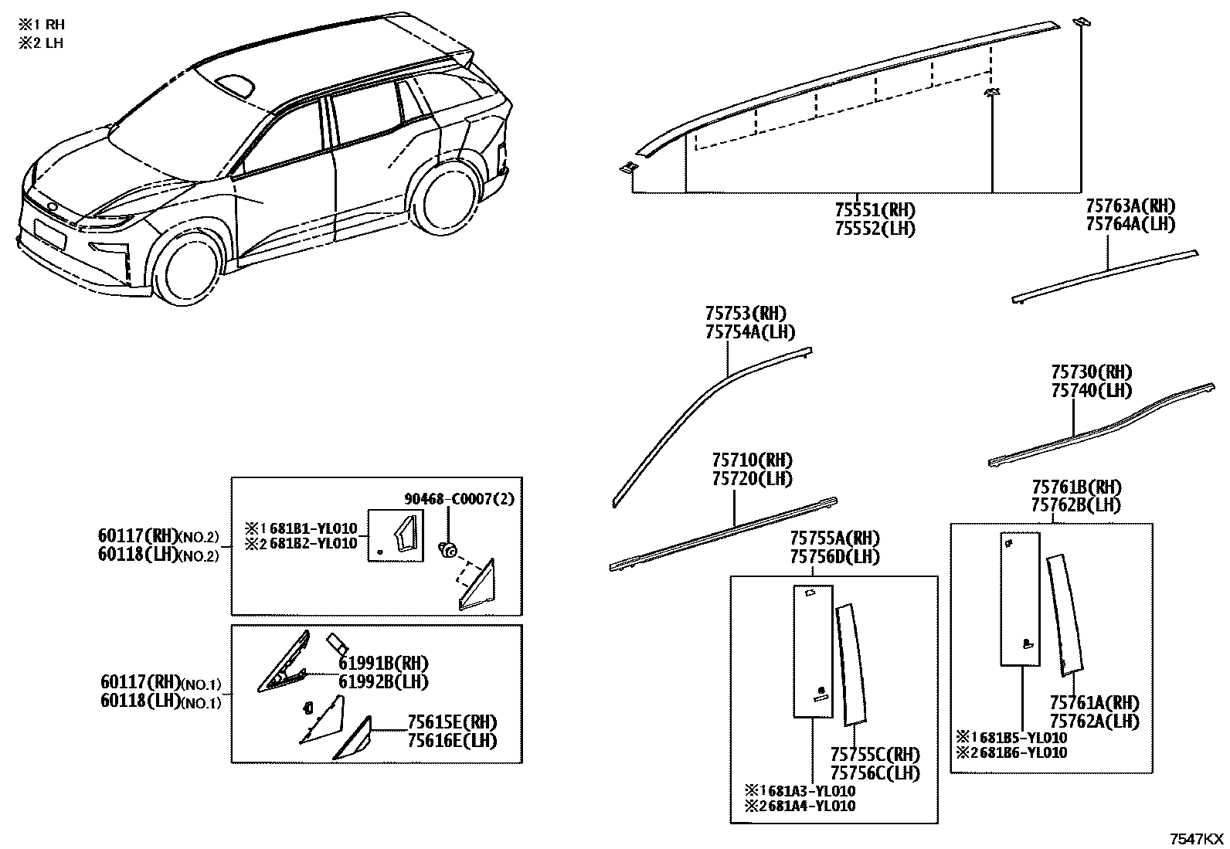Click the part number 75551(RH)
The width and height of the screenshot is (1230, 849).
875,210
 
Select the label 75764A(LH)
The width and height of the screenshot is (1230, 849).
1130,224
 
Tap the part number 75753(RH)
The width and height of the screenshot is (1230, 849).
746,314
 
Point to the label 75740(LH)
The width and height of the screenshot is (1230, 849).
1092,390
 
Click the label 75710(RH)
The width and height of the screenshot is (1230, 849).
753,460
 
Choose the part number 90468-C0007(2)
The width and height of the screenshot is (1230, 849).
459,498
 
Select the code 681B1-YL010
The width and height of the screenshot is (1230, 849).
313,528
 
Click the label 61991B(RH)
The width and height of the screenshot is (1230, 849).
383,664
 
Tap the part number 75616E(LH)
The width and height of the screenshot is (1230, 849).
452,741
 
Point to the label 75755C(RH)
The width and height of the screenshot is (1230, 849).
875,755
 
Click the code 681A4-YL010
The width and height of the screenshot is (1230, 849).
811,806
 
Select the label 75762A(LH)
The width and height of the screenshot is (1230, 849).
1094,721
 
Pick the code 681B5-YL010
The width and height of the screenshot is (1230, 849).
1022,738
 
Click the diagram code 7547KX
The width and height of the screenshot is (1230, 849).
1197,839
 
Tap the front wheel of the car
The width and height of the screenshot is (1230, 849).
188,267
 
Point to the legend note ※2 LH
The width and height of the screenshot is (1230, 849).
41,42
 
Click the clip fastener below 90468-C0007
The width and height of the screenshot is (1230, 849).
448,548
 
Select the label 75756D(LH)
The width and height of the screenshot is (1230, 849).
834,557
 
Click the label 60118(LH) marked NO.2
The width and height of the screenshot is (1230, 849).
158,554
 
